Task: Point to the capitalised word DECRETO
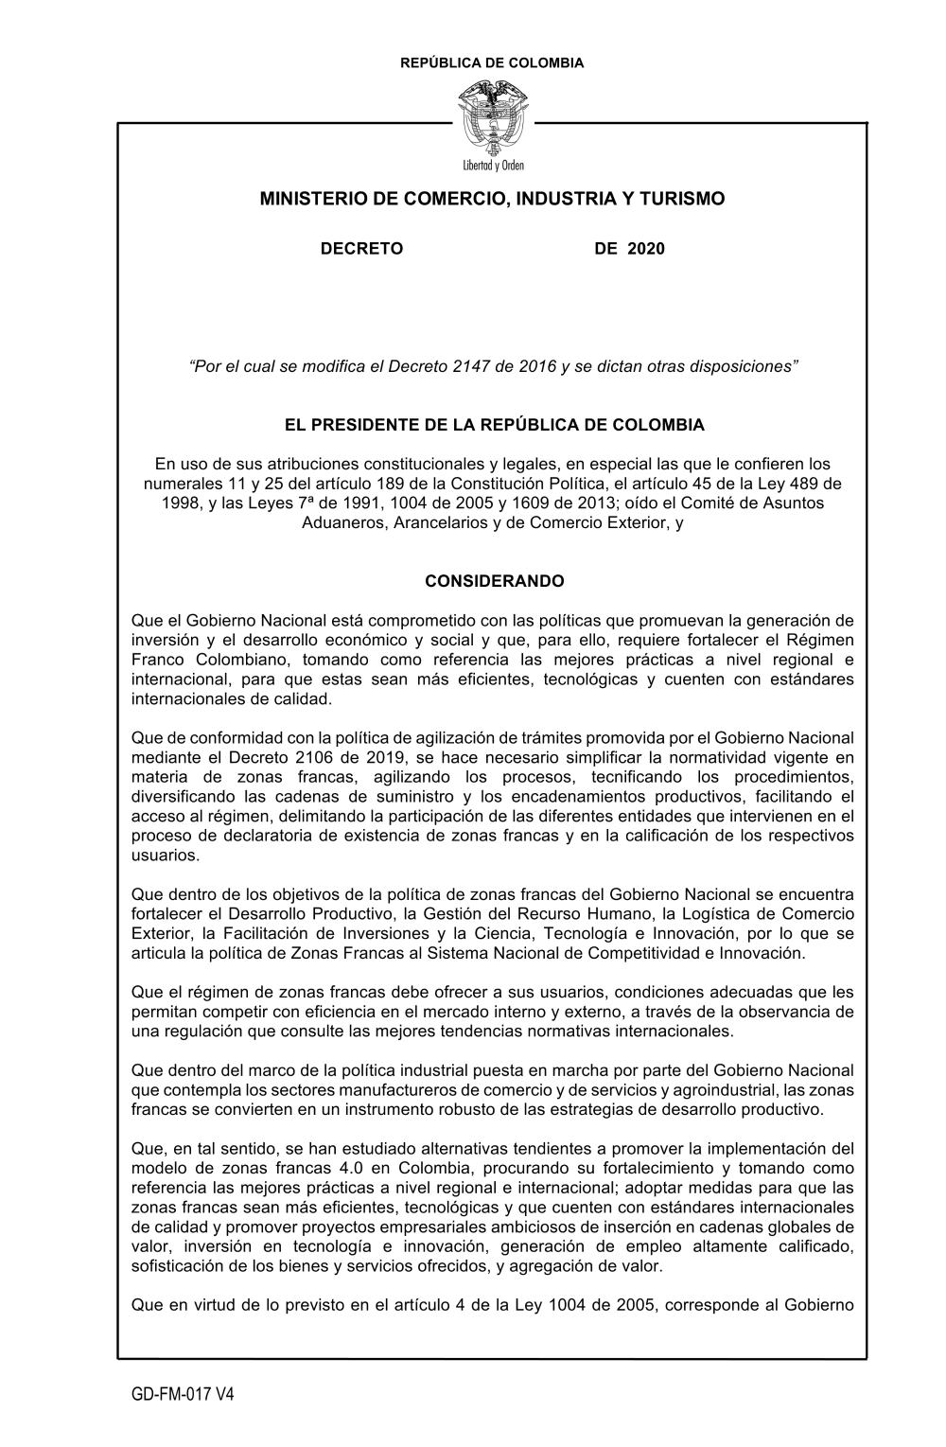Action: click(x=362, y=249)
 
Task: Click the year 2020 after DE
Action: click(x=646, y=249)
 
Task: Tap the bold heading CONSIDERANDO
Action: click(x=495, y=581)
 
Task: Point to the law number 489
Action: click(x=811, y=483)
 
